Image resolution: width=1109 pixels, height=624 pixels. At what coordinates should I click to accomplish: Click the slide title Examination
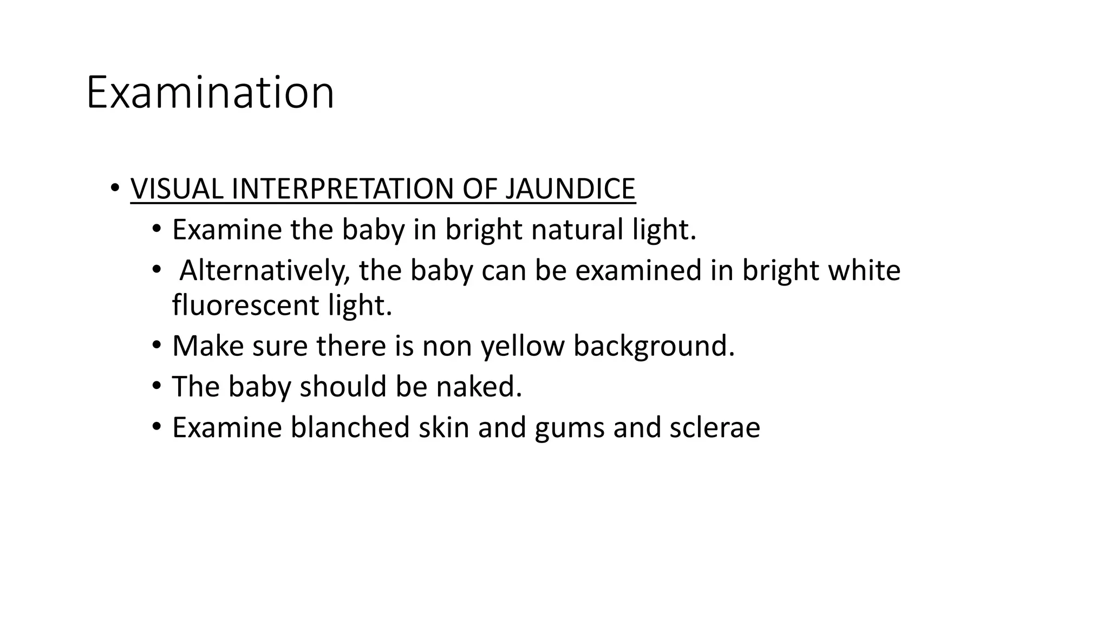pos(210,93)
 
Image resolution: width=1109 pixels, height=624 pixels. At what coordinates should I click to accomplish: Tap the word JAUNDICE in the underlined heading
pos(570,189)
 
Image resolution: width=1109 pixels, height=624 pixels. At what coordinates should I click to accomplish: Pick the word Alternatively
pos(264,270)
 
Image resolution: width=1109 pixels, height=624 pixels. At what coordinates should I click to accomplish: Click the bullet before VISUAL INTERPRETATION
pos(114,188)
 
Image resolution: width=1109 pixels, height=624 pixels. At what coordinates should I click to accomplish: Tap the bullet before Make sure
pos(156,345)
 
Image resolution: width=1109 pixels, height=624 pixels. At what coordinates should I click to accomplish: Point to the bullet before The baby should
pos(156,386)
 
